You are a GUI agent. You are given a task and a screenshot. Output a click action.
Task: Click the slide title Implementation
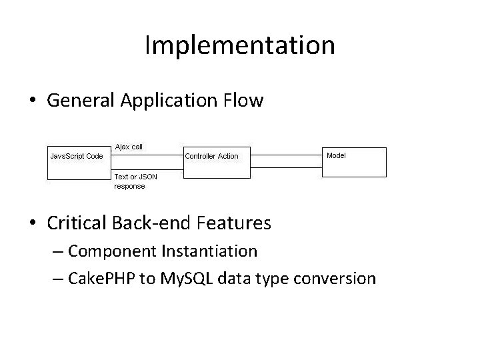pos(239,45)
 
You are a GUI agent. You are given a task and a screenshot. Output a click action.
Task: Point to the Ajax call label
pos(129,146)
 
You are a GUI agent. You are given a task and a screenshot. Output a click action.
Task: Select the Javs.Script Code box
pos(77,161)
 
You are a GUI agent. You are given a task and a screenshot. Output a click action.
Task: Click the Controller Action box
pos(216,161)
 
